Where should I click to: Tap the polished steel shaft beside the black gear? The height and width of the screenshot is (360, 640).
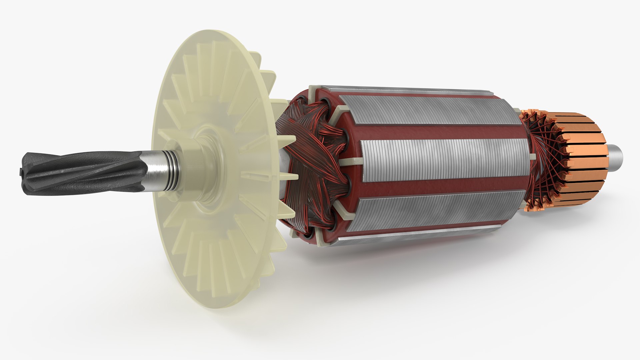click(155, 171)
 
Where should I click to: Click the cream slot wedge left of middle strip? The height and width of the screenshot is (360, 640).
click(350, 161)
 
